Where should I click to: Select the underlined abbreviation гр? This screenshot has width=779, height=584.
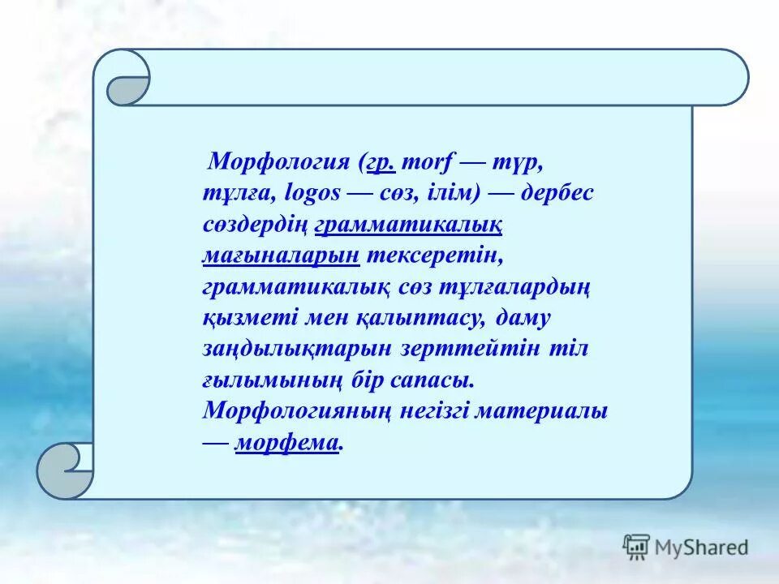coord(381,161)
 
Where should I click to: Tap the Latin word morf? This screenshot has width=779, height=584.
coord(431,161)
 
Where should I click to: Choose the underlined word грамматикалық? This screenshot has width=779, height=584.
coord(412,225)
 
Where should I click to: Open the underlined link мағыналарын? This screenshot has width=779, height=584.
coord(281,255)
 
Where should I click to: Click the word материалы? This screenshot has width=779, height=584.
coord(541,411)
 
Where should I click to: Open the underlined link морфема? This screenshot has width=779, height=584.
coord(286,443)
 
